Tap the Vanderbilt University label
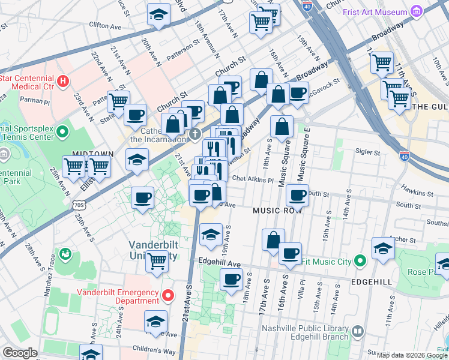[x=154, y=250]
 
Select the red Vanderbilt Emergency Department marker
[x=169, y=295]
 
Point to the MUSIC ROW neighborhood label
[x=277, y=211]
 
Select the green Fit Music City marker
[x=360, y=261]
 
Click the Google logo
[x=20, y=352]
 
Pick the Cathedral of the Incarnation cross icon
[x=194, y=133]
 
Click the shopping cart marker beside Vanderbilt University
[x=157, y=261]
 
